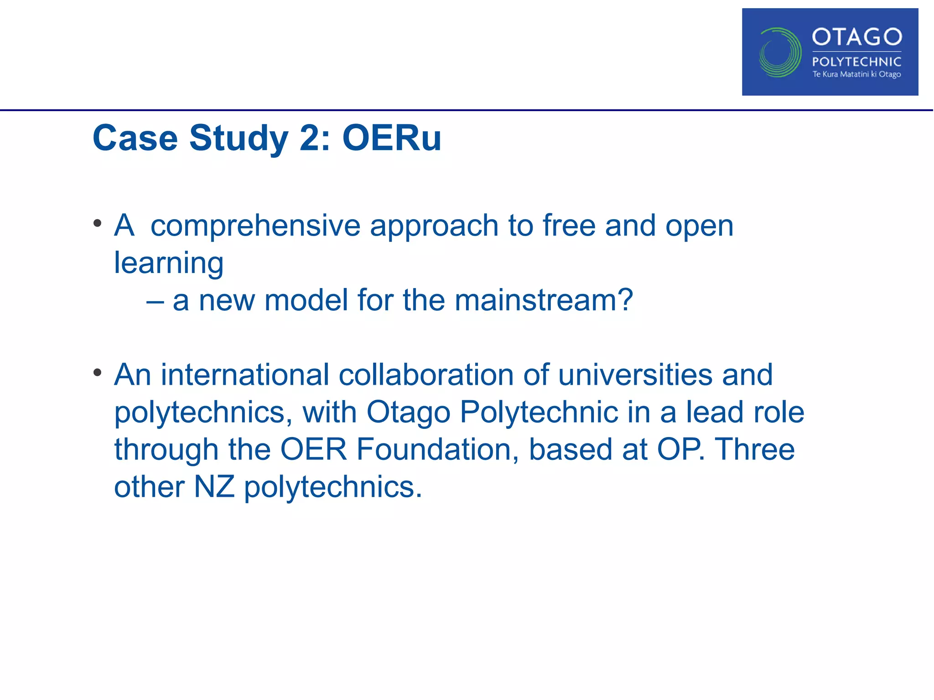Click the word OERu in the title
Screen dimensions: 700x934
(392, 138)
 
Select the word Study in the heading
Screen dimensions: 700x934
(239, 139)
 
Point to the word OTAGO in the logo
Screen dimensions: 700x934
(856, 37)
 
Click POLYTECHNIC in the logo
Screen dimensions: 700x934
(856, 62)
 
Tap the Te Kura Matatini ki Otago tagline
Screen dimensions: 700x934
(856, 74)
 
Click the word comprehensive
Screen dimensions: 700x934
(255, 226)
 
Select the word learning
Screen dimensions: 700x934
(169, 263)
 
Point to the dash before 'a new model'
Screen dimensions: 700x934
(155, 301)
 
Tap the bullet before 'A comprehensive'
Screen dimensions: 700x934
(97, 223)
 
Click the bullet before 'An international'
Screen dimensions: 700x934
(97, 373)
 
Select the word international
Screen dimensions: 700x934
(244, 375)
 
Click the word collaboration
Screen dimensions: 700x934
(426, 375)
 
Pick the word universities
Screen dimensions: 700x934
(635, 375)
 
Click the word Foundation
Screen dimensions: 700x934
(437, 450)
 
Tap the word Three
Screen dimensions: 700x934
(754, 450)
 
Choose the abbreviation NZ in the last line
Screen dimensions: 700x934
(214, 487)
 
